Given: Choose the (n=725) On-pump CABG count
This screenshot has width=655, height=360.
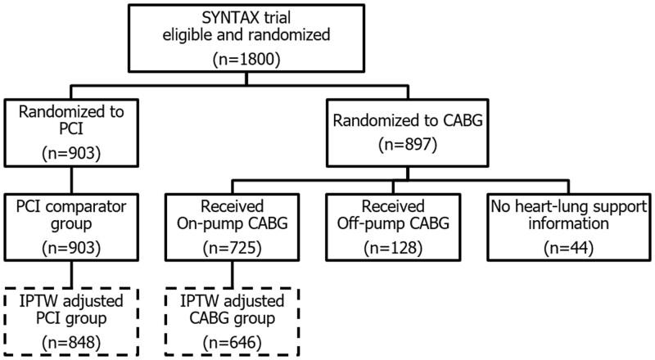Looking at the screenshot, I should tap(226, 243).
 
